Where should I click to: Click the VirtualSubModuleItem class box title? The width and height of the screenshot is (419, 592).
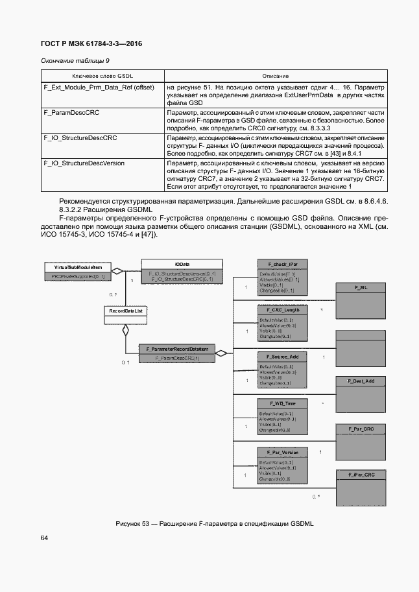(x=70, y=267)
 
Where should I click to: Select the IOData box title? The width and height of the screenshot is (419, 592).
(x=182, y=265)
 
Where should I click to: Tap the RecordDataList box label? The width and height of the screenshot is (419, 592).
(x=126, y=311)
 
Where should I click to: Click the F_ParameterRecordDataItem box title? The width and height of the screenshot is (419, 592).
(x=177, y=349)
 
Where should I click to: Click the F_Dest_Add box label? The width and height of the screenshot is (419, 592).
(x=361, y=381)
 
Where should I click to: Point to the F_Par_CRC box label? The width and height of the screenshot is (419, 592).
(x=361, y=429)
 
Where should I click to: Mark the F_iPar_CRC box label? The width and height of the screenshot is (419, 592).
(x=361, y=475)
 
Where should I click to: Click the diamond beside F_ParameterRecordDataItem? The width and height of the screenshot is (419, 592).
(x=222, y=353)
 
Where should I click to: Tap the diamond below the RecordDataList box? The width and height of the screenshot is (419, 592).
(x=126, y=330)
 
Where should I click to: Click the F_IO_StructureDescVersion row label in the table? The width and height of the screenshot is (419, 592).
(x=83, y=163)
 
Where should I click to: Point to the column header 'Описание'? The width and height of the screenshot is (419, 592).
(x=276, y=76)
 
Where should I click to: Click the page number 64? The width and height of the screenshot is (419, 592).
(x=45, y=538)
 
